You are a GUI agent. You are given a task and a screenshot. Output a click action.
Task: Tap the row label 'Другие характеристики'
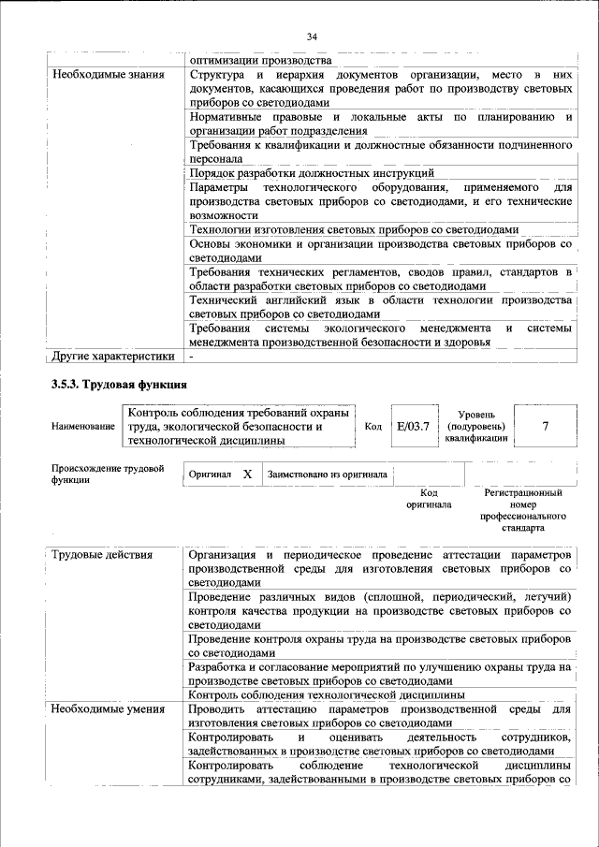pos(113,356)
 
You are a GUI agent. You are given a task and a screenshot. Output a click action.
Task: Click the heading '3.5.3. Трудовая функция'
pos(119,385)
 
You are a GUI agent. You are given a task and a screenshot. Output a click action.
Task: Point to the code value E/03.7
pos(413,426)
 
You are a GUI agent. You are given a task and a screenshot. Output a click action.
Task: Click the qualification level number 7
pos(545,426)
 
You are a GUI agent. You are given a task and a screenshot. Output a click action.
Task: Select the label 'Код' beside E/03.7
pos(373,427)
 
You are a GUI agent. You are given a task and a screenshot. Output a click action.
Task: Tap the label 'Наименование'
pos(83,427)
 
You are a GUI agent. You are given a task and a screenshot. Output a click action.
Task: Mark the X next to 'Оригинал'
pos(247,475)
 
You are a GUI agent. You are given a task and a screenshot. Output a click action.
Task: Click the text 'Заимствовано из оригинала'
pos(327,475)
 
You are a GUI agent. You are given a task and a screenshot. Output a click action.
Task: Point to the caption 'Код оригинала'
pos(429,498)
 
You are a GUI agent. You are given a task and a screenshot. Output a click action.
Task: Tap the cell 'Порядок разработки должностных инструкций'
pos(312,173)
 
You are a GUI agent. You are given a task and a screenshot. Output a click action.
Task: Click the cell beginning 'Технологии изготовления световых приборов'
pos(353,229)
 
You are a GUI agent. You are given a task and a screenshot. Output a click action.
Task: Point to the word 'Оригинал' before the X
pos(210,475)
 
